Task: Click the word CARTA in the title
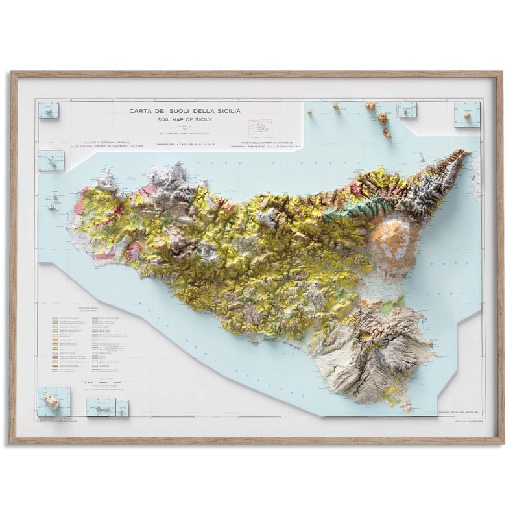tap(138, 111)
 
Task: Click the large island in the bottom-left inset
tap(51, 402)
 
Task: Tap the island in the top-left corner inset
tap(48, 110)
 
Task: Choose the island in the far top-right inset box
tap(466, 115)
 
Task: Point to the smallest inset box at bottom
tap(122, 407)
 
